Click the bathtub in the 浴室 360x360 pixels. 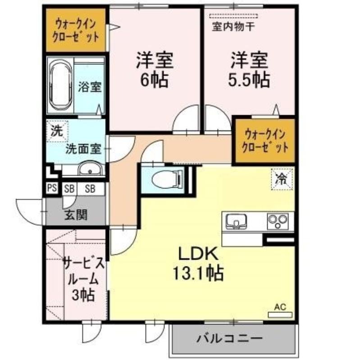coord(60,85)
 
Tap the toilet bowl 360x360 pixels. coord(168,178)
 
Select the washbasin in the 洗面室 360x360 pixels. coord(90,170)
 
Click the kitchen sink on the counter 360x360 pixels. coord(237,221)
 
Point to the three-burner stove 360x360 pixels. coord(278,221)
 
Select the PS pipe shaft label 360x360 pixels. coord(52,188)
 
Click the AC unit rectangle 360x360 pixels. coord(280,315)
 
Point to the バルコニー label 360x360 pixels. coord(229,338)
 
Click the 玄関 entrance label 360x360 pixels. coord(76,215)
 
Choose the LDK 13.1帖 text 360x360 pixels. coord(198,264)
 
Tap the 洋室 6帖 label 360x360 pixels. coord(155,70)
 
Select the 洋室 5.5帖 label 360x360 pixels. coord(249,70)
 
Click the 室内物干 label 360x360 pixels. coord(233,27)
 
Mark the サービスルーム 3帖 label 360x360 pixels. coord(84,279)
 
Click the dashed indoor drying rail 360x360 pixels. coord(233,16)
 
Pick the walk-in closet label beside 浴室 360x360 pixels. coord(76,31)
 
